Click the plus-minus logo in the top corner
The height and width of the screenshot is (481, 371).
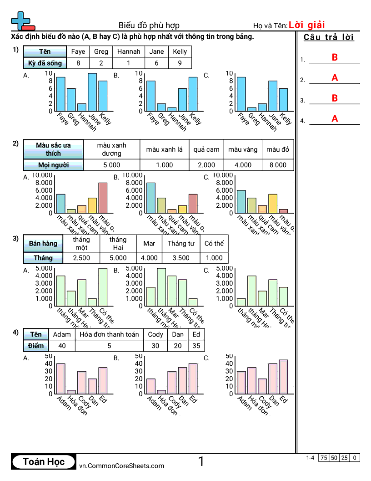pos(22,21)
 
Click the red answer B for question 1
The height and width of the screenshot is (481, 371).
pos(335,57)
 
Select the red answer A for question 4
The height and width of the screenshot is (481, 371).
pos(335,119)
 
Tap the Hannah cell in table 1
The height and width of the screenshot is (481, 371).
pos(129,51)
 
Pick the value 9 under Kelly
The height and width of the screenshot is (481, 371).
pos(180,63)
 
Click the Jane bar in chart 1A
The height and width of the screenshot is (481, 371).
pos(92,92)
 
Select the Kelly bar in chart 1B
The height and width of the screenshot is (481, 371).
pos(193,94)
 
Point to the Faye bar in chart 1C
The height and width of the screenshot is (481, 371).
pos(241,94)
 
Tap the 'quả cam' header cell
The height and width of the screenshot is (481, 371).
pos(206,149)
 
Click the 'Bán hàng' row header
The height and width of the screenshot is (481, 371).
pos(43,243)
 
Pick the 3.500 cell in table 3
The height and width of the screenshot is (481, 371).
pos(181,258)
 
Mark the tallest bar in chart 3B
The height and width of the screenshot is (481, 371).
pos(161,287)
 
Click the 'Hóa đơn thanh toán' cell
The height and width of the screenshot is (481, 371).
pos(109,334)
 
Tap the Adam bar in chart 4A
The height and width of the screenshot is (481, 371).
pos(60,379)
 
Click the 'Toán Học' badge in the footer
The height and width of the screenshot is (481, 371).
pos(44,462)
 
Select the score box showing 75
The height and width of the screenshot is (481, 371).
pos(324,458)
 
